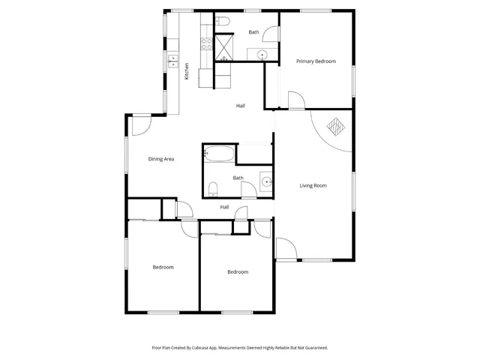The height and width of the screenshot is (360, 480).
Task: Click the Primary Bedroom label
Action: coord(315,61)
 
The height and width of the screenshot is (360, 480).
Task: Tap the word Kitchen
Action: coord(186,70)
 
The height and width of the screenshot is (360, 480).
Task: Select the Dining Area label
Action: coord(161,159)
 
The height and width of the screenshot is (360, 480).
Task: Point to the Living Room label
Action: coord(313,185)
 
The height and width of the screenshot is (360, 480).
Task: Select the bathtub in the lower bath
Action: coord(219,156)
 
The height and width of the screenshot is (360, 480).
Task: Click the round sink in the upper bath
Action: coord(262,54)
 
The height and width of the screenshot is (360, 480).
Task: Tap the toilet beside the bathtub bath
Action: coord(213,188)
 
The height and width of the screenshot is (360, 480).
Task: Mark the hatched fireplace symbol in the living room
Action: coord(335,127)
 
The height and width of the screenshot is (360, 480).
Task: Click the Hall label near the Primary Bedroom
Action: coord(240,106)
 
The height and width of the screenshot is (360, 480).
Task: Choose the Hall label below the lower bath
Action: coord(224,208)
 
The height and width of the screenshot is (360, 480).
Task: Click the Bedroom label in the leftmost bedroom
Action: coord(163,267)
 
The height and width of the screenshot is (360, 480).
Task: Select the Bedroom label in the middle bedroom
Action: coord(237,271)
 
